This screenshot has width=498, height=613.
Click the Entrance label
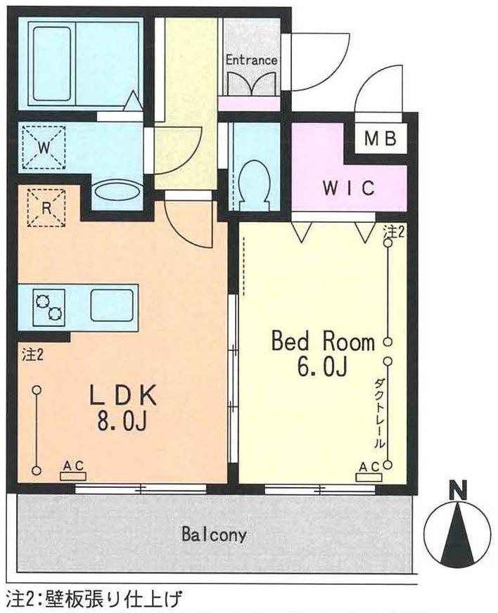(252, 60)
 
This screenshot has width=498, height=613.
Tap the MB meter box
(381, 138)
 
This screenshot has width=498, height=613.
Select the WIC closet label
(349, 188)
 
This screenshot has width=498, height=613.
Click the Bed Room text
(323, 341)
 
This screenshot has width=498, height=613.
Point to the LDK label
(123, 396)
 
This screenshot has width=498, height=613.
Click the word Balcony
(214, 534)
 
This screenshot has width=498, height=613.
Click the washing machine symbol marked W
(44, 147)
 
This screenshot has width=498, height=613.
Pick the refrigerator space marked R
(46, 207)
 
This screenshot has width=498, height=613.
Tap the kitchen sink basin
(113, 304)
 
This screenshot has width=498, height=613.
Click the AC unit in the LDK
(72, 475)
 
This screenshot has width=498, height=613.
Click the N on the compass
(459, 491)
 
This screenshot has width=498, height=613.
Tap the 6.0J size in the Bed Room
(322, 367)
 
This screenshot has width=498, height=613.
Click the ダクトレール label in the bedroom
(378, 413)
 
